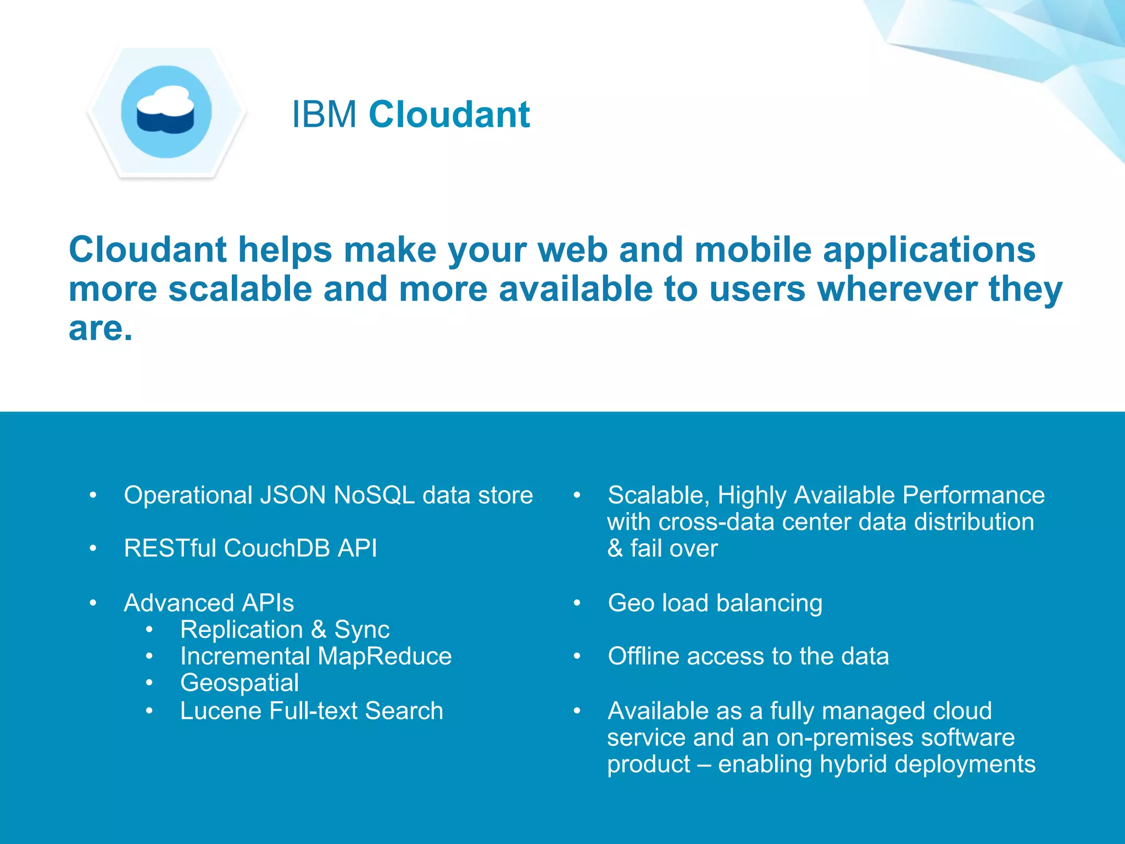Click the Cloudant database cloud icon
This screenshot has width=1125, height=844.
pyautogui.click(x=166, y=112)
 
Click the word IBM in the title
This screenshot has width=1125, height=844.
pyautogui.click(x=324, y=115)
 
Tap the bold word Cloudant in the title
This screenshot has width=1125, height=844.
pyautogui.click(x=449, y=115)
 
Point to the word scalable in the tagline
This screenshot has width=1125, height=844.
pyautogui.click(x=240, y=289)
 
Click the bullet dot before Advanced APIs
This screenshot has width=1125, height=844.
pyautogui.click(x=93, y=603)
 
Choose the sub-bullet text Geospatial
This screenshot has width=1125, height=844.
pyautogui.click(x=240, y=683)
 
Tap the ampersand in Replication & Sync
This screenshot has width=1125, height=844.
pyautogui.click(x=319, y=630)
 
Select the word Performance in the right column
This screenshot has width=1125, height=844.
pyautogui.click(x=973, y=495)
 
